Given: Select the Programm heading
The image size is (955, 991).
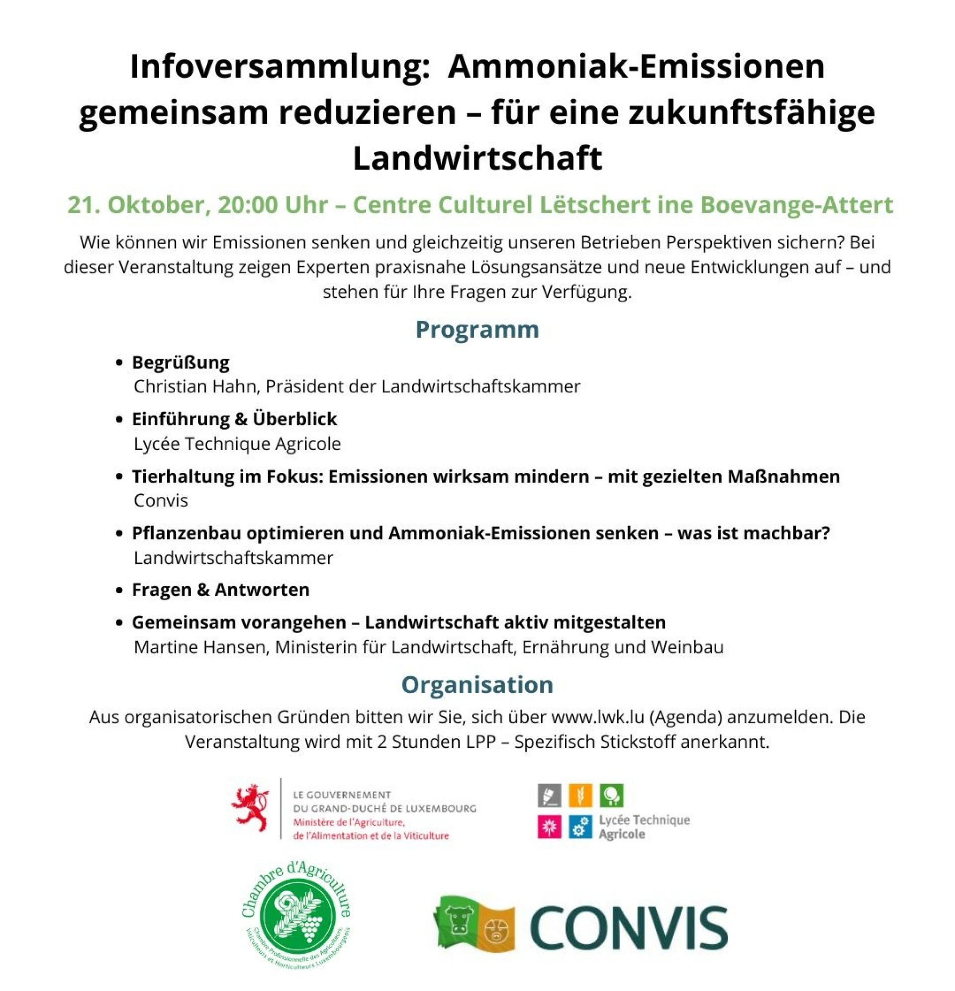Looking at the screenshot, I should pos(477,330).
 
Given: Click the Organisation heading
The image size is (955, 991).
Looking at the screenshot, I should pos(477,685).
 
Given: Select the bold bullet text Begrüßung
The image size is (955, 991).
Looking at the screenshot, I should pos(181,362).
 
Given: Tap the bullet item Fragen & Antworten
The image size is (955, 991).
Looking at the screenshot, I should pos(220,590).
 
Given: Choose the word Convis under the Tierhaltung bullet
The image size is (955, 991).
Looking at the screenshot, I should pos(161,501).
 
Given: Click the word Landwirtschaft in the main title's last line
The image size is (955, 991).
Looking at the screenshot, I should pos(477,158).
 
